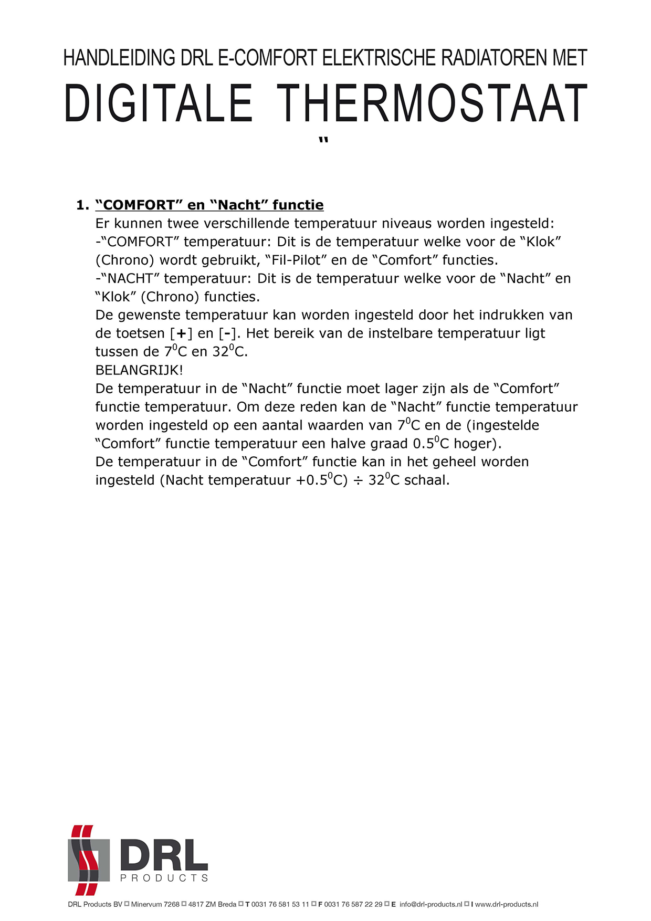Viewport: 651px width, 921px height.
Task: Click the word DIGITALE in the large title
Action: (158, 103)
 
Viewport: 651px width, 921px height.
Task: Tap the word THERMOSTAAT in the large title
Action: (432, 103)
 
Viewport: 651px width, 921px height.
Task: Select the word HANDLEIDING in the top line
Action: (119, 58)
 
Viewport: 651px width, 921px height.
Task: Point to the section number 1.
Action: (82, 205)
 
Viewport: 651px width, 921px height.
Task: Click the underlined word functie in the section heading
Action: (298, 205)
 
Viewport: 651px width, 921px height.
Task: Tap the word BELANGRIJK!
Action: (139, 370)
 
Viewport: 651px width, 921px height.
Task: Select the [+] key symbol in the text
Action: (182, 334)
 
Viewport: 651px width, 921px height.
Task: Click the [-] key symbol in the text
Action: (227, 334)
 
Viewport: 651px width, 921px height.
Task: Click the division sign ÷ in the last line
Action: (358, 480)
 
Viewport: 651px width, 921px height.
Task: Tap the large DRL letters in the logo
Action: (164, 855)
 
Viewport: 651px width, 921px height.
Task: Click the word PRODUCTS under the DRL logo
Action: (164, 878)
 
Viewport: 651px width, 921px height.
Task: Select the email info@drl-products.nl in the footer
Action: (430, 904)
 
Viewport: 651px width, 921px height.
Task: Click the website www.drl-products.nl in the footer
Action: (506, 904)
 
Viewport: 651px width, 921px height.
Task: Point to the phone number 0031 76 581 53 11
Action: (280, 904)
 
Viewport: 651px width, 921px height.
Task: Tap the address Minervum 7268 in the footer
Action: (155, 904)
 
